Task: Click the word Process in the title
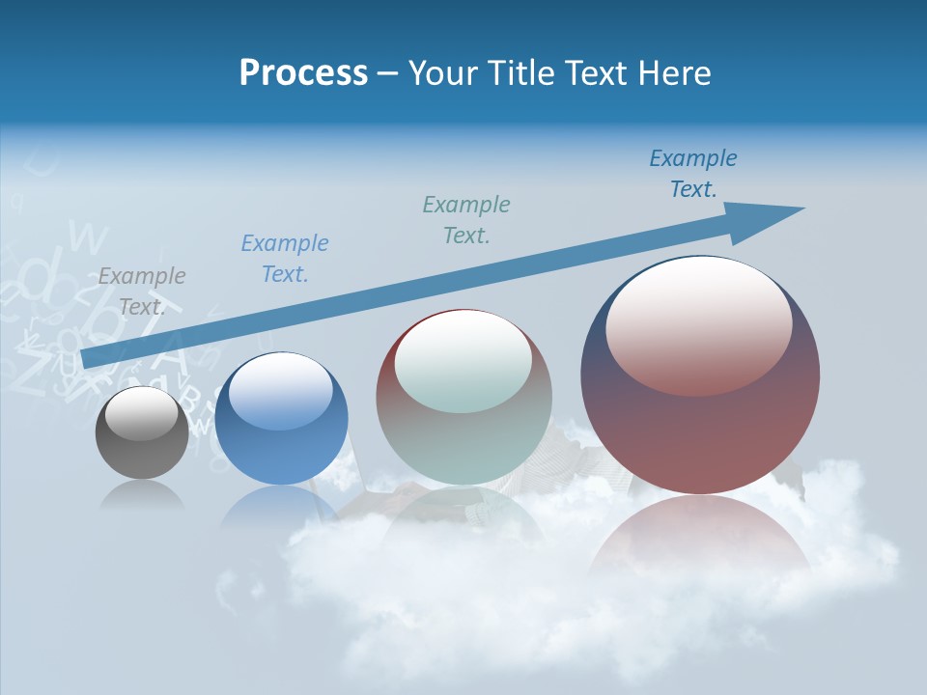303,73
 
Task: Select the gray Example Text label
142,291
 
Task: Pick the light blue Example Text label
285,258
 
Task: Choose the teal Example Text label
466,219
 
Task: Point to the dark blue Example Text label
693,173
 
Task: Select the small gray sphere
142,449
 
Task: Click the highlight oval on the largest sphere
698,325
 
